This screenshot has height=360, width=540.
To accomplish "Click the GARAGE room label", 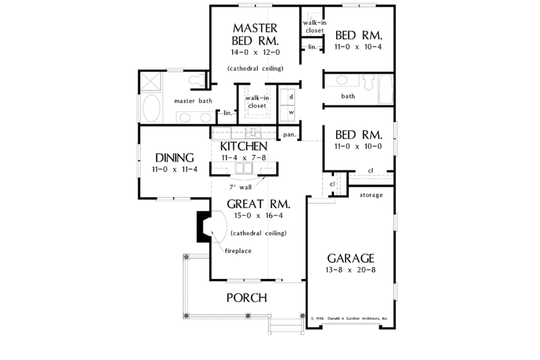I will click(x=350, y=259).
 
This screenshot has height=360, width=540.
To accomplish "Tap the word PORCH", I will click(x=246, y=298).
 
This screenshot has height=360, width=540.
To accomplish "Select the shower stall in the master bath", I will click(x=151, y=84).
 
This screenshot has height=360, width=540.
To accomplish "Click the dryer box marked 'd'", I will click(x=290, y=97).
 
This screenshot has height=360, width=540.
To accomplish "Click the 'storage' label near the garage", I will click(x=371, y=195).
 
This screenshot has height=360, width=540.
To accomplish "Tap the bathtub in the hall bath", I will click(x=387, y=91).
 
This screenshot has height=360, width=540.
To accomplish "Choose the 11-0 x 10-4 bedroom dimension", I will click(x=358, y=47).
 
